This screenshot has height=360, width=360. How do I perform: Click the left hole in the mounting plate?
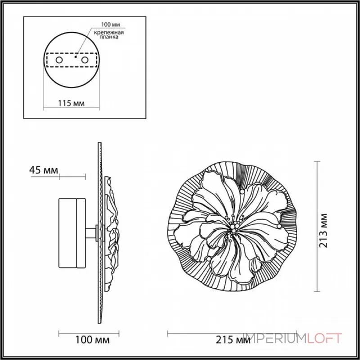[x=59, y=59]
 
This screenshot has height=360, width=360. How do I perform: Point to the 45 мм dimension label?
[x=43, y=170]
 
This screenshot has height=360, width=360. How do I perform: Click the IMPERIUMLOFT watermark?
[x=292, y=338]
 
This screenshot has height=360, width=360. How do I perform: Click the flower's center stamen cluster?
[x=234, y=228]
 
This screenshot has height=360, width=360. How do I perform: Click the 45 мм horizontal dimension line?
[x=72, y=176]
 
